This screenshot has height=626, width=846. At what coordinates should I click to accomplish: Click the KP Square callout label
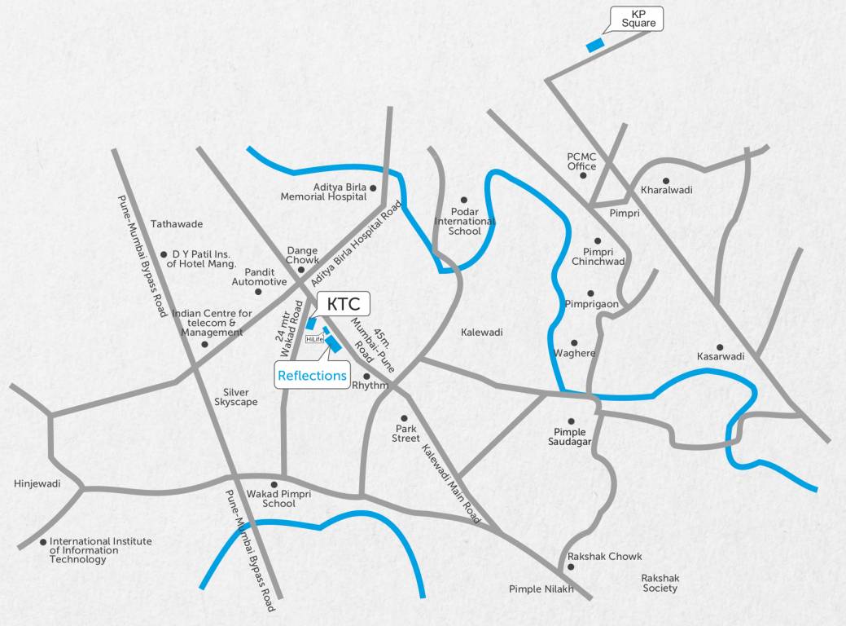tap(638, 19)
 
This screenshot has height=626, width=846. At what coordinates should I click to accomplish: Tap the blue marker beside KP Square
tap(596, 45)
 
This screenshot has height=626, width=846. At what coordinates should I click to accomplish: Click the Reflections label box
tap(312, 376)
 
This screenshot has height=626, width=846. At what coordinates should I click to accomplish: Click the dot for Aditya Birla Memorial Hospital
tap(373, 188)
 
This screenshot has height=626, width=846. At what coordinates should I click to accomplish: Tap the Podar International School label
tap(464, 222)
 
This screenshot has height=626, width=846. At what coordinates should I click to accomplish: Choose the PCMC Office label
tap(582, 161)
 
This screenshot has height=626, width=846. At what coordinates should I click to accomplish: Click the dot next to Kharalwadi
tap(666, 181)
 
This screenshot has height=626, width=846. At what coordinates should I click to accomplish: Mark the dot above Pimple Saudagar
tap(571, 421)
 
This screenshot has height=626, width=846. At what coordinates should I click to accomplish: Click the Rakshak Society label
tap(660, 583)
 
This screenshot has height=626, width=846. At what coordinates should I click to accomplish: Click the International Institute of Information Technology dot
tap(43, 541)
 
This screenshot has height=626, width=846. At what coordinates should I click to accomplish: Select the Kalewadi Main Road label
tap(451, 484)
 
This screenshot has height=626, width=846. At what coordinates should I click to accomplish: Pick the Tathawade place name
tap(177, 224)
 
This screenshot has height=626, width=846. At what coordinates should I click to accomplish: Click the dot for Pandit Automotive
tap(258, 291)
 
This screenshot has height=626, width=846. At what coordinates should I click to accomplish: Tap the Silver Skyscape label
tap(235, 398)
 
